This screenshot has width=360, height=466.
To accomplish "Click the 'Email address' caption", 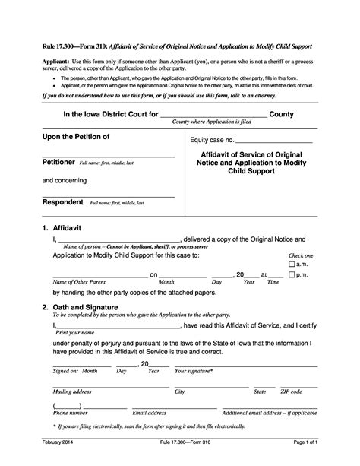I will pos(149,412).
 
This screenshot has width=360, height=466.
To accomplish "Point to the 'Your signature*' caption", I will pos(194,370).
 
